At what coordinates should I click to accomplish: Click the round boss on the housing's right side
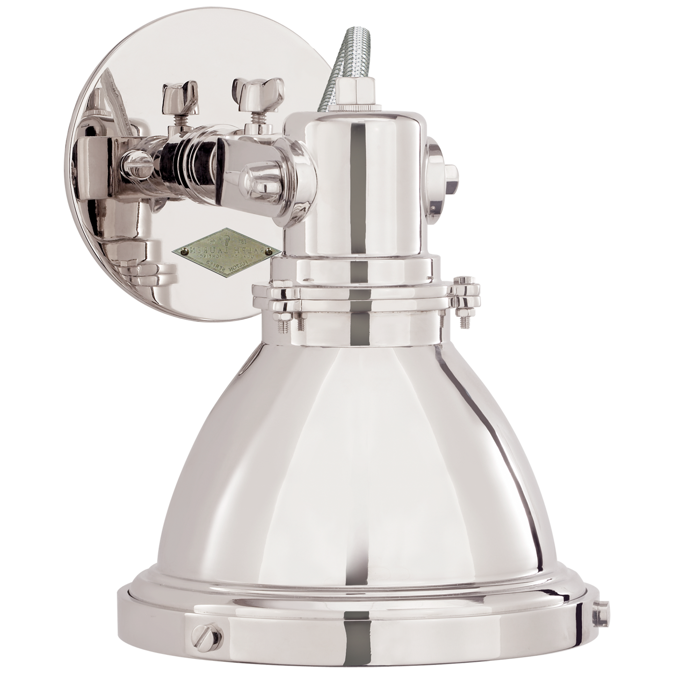442,171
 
